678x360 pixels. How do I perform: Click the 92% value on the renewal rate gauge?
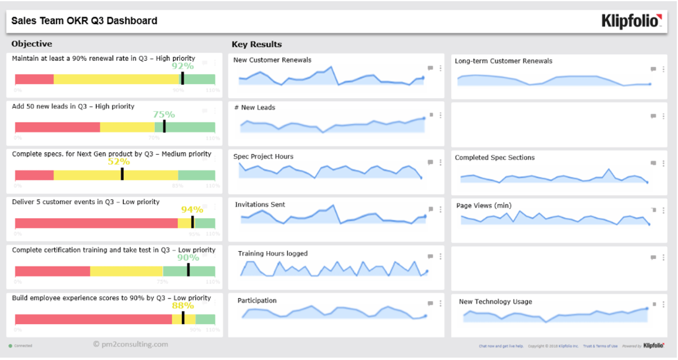tap(183, 66)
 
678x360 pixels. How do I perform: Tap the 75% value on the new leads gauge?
tap(164, 114)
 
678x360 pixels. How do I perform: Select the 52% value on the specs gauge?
tap(119, 162)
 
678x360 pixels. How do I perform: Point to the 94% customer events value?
tap(192, 210)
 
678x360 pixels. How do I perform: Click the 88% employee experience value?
tap(183, 306)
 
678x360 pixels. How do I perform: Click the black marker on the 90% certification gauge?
tap(188, 270)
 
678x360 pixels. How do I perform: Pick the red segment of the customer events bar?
tap(95, 223)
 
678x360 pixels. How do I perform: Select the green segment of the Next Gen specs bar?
tap(196, 175)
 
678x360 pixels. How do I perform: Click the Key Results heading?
tap(256, 44)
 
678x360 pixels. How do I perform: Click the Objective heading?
tap(31, 44)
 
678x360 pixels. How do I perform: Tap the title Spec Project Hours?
tap(263, 156)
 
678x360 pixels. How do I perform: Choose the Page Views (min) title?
tap(483, 205)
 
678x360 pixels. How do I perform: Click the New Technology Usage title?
tap(495, 301)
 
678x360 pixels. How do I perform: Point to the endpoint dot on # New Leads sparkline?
tap(424, 119)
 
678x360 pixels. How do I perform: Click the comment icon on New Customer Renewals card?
tap(430, 68)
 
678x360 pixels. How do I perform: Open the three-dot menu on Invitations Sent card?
tap(440, 209)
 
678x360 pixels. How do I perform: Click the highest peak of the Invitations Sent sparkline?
tap(333, 205)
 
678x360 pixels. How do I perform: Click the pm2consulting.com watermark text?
tap(131, 344)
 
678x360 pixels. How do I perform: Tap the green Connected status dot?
tap(10, 346)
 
